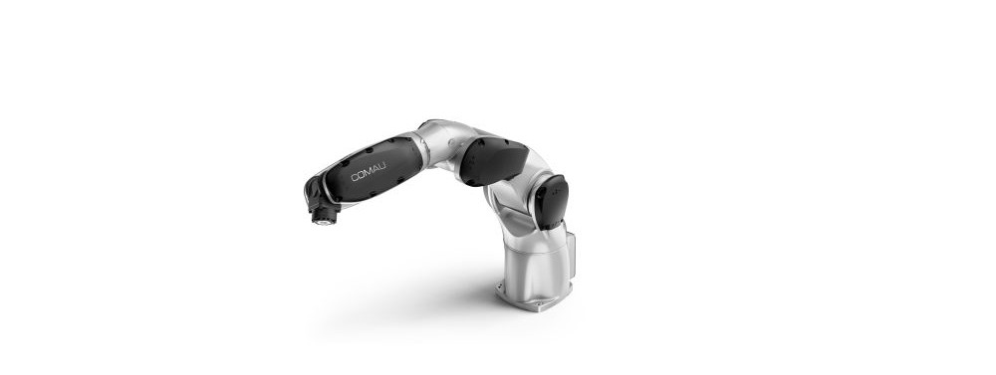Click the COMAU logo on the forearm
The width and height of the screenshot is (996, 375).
[369, 173]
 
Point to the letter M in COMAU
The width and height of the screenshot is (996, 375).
[370, 173]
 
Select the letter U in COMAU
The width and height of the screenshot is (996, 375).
[383, 168]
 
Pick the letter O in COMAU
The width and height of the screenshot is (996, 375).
[362, 175]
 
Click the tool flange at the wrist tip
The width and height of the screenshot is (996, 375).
[324, 218]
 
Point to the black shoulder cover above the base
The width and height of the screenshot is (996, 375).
[552, 202]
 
